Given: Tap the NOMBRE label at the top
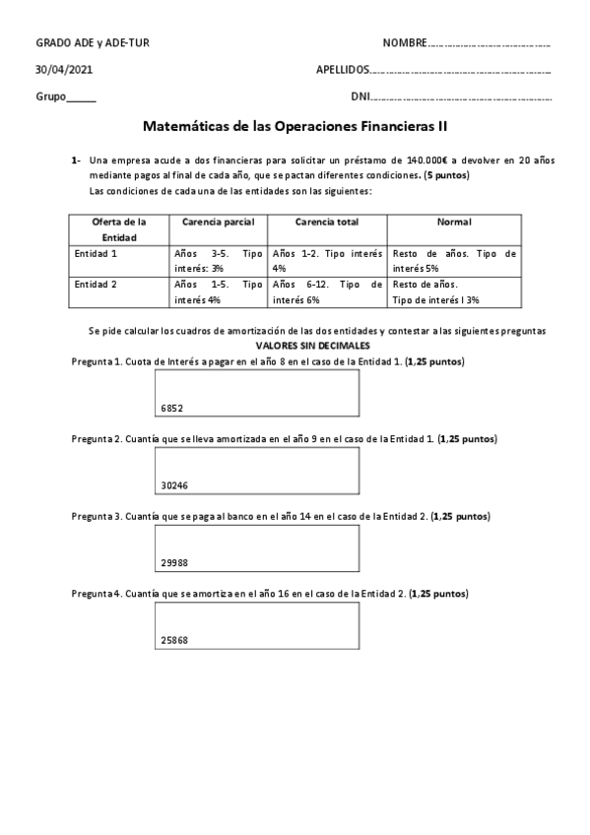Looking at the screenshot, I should (405, 44).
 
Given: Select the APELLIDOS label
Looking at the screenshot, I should (342, 71).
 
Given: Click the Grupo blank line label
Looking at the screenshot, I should (65, 97).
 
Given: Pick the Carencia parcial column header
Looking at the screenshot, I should (218, 223).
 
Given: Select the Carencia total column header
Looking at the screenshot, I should (326, 223).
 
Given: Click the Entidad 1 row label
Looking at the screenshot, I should (97, 253).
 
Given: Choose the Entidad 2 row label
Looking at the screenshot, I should (97, 285).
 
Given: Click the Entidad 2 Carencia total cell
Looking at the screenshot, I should (326, 291).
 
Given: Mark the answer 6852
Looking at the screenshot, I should (172, 407).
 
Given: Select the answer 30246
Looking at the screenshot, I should (174, 484).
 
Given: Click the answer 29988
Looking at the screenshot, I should (174, 562).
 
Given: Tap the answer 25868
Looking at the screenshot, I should (174, 640).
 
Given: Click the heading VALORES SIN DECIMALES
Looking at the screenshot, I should (313, 347).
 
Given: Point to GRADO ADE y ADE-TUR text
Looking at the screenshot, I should (93, 44).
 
